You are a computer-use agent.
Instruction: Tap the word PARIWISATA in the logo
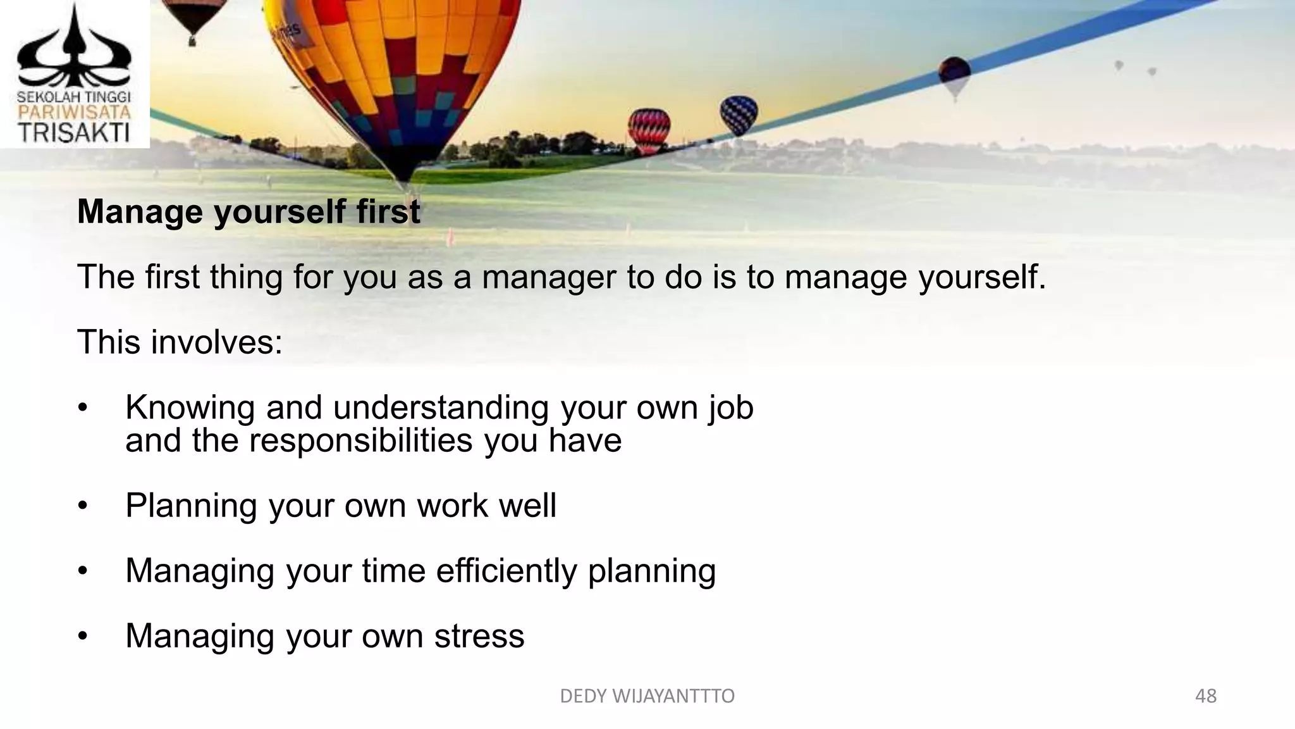(74, 113)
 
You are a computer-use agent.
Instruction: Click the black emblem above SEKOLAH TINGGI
(74, 51)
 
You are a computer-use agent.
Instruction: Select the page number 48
(1205, 696)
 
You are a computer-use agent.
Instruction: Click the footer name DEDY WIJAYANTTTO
(647, 696)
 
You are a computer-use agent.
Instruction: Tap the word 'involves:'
(216, 342)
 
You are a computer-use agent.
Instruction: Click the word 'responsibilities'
(360, 440)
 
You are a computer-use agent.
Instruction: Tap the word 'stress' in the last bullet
(479, 636)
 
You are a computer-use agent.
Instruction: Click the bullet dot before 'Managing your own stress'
(82, 637)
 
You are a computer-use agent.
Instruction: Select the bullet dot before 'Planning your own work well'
(82, 506)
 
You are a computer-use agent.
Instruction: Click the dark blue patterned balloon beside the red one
(739, 113)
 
